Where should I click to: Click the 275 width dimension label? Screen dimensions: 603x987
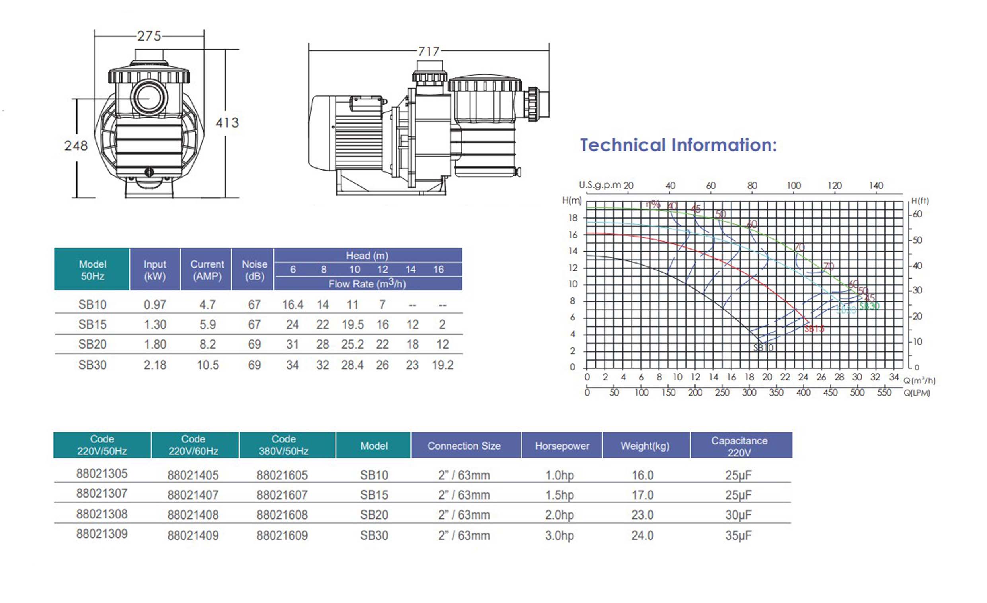(149, 37)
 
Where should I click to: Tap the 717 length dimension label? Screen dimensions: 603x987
(429, 52)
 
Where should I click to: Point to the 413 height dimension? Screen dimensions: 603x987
(227, 123)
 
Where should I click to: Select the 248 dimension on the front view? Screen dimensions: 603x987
(76, 145)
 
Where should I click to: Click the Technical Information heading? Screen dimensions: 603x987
(678, 145)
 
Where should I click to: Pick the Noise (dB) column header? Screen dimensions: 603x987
(254, 270)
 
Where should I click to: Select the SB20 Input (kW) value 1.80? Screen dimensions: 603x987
(155, 345)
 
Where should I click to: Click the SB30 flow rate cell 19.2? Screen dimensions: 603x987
(442, 365)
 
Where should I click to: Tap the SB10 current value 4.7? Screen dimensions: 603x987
(207, 305)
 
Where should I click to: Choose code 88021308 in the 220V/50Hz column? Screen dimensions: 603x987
(102, 514)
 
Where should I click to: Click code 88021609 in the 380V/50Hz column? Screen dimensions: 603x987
(282, 535)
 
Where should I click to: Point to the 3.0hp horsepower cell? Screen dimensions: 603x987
(559, 535)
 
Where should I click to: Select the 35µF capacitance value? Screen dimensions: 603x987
(738, 535)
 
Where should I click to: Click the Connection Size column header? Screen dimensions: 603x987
(464, 446)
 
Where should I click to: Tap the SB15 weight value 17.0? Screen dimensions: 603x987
(642, 495)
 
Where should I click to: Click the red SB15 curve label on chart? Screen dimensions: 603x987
(814, 328)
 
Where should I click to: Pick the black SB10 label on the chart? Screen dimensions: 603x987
(763, 348)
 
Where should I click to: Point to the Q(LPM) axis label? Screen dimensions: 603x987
(917, 393)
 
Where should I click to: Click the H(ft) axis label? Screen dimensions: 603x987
(920, 201)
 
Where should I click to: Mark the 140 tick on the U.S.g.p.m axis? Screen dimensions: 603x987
(876, 186)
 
